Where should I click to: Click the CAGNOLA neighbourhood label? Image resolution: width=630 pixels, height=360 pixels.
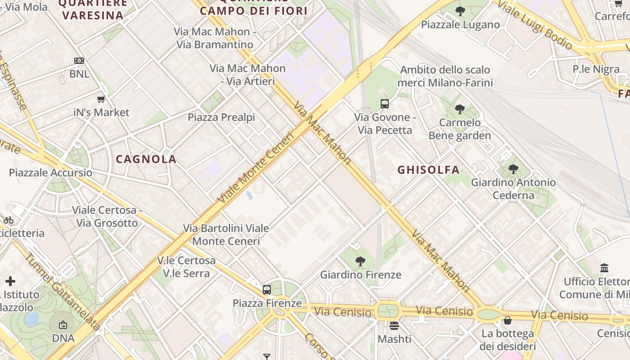coord(146,159)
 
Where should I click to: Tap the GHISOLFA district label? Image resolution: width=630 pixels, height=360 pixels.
coord(428,170)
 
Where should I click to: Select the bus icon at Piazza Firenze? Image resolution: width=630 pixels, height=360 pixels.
coord(267,289)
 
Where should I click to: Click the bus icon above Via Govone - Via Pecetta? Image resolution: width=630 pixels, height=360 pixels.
coord(384,104)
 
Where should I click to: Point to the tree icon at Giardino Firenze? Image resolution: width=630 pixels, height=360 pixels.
coord(360,261)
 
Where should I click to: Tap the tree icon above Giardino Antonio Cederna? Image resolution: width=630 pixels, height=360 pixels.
coord(513,169)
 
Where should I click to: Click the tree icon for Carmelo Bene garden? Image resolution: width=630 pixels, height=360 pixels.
coord(459,109)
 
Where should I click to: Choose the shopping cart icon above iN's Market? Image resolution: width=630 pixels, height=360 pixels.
coord(101,99)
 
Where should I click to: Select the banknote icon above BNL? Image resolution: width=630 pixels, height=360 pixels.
coord(79,60)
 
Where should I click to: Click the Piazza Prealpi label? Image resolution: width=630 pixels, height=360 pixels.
coord(221,117)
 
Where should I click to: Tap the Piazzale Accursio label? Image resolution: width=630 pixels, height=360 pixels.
coord(50,173)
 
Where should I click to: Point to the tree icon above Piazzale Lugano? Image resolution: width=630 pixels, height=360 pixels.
coord(460,11)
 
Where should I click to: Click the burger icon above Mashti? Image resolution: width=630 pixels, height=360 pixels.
coord(394,325)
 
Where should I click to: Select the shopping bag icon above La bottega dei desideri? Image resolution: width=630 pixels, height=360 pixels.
coord(508,320)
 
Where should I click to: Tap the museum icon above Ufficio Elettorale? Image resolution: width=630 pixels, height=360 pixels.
coord(604,268)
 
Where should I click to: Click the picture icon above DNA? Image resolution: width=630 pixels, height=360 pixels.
coord(63,325)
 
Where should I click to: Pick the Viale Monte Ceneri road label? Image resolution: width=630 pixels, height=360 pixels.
coord(255,167)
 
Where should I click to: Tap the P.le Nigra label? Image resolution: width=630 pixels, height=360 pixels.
coord(596,69)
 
